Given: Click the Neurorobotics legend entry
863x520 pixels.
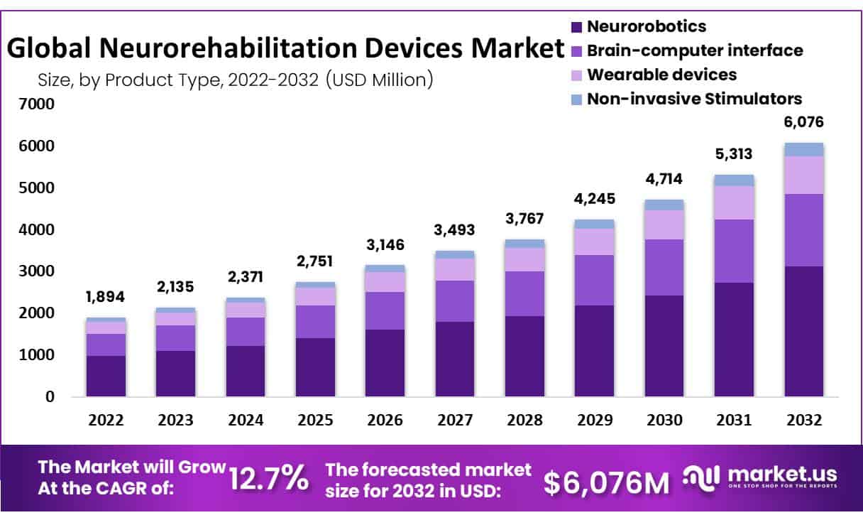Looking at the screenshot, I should point(645,27).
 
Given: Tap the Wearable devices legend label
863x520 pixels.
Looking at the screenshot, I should point(661,75).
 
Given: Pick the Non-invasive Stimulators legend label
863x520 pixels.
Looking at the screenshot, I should point(694,99).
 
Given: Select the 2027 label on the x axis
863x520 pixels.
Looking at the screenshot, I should point(455,420).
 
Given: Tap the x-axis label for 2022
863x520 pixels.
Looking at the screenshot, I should point(105,420).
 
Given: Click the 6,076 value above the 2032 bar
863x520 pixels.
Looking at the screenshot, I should point(804,122).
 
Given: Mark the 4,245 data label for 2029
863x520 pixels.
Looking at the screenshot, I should point(595,199).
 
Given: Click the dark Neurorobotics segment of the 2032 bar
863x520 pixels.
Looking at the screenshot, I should point(804,331).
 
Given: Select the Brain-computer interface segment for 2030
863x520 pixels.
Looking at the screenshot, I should point(664,267).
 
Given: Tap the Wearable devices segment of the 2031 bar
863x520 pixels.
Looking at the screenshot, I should point(734,202).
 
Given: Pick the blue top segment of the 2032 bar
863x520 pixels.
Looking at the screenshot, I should point(804,149).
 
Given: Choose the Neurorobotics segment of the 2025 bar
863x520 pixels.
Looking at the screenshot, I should point(315,367).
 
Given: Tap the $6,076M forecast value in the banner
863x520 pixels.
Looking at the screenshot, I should point(607,482).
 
